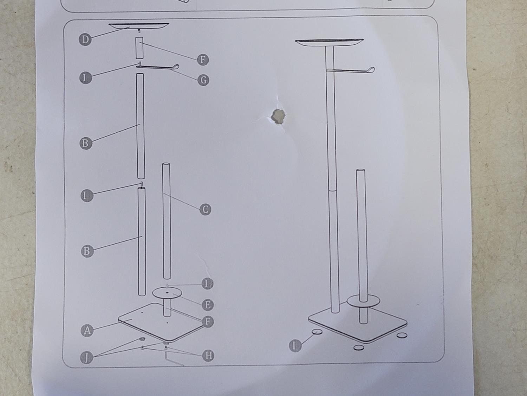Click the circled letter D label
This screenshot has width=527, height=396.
pos(85,39)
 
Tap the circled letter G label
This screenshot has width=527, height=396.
pos(203,80)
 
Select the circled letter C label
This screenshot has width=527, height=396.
pos(205,209)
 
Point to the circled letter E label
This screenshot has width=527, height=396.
pos(208,304)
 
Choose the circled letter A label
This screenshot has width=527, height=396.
pos(87,331)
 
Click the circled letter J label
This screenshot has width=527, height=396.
pos(86,358)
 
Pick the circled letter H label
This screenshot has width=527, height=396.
pos(208,355)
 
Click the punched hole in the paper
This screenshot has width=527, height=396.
pos(278,117)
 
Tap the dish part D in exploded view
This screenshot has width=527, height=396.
pos(139,26)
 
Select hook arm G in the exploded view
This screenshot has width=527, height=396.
pos(157,67)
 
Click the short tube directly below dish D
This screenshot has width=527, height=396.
pos(139,48)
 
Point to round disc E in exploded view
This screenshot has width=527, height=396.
pos(167,293)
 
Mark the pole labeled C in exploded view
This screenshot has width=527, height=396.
pos(167,221)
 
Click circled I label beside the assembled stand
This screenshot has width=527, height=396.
pos(295,346)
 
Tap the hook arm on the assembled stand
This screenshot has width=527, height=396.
pos(351,70)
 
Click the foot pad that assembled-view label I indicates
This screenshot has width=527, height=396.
pos(317,332)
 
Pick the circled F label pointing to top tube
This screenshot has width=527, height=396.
pos(203,59)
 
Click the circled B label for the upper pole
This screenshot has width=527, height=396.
pos(86,143)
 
